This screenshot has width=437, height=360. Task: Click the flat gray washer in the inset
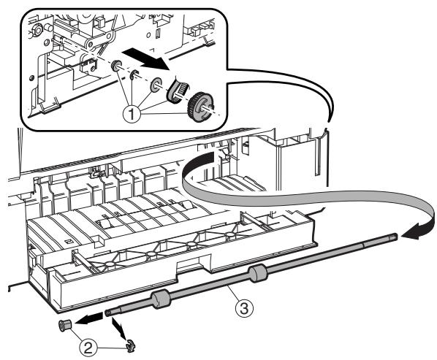pos(156,85)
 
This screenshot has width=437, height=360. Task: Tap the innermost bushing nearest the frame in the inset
pos(116,66)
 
